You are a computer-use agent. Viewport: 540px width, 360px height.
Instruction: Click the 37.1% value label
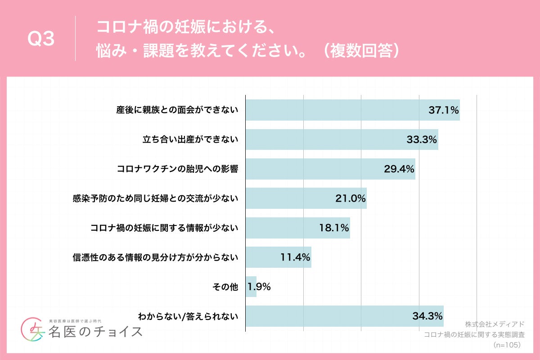pyautogui.click(x=443, y=110)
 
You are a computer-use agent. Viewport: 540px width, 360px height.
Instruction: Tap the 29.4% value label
pyautogui.click(x=399, y=169)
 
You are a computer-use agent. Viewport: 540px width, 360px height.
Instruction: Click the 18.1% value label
pyautogui.click(x=334, y=228)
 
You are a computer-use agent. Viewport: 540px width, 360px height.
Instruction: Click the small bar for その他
pyautogui.click(x=251, y=287)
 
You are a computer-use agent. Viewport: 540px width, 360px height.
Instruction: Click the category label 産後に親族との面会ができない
pyautogui.click(x=177, y=110)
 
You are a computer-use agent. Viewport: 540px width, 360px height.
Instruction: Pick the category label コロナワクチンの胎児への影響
pyautogui.click(x=177, y=169)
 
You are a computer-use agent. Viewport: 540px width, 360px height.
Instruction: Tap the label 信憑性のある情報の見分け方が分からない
pyautogui.click(x=155, y=258)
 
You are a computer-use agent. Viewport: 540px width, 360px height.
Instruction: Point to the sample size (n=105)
pyautogui.click(x=507, y=345)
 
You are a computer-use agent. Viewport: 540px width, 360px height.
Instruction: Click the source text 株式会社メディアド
pyautogui.click(x=495, y=324)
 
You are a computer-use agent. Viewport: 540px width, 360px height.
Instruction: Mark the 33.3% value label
pyautogui.click(x=422, y=139)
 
